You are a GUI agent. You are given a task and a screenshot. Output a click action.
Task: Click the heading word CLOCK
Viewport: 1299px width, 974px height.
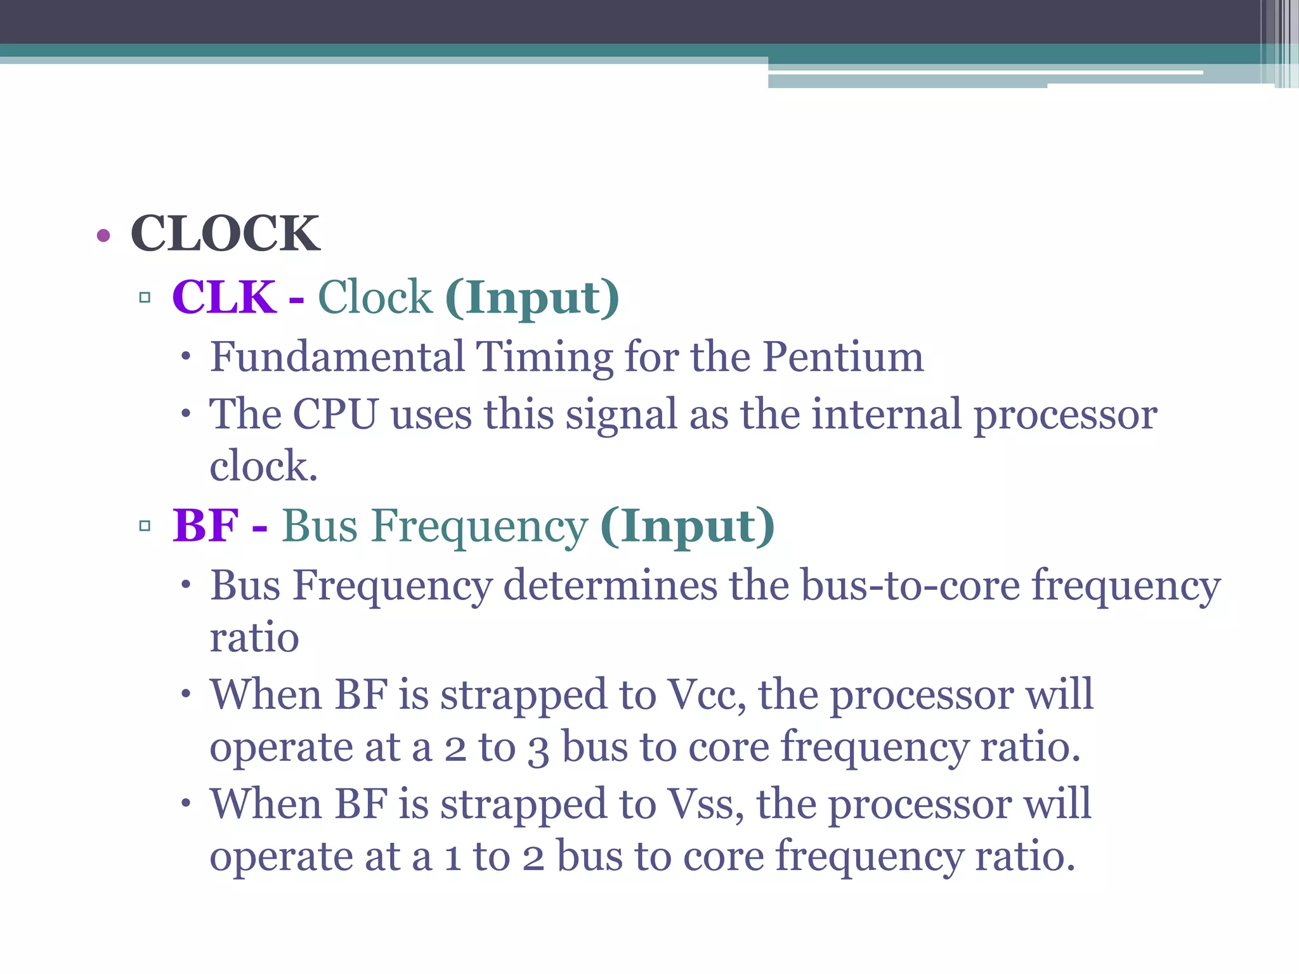click(225, 234)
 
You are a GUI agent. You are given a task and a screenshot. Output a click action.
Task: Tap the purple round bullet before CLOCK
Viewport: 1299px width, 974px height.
click(103, 236)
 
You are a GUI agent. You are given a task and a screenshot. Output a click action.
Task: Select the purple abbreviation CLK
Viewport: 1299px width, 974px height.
click(224, 297)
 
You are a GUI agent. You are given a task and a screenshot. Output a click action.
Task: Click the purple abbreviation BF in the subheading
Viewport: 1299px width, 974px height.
click(206, 526)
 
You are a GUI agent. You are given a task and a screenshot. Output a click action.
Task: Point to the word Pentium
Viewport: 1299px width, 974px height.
click(843, 356)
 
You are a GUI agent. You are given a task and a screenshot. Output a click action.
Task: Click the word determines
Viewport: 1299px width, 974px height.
click(610, 585)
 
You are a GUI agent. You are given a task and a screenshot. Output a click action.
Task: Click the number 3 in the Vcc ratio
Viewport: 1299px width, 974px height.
click(539, 749)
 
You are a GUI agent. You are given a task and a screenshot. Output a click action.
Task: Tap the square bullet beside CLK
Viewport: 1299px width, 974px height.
click(145, 297)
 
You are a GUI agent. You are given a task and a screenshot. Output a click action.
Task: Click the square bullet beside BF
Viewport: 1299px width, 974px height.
click(145, 526)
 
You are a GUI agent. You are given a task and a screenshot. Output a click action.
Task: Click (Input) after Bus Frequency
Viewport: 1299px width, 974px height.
click(687, 527)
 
